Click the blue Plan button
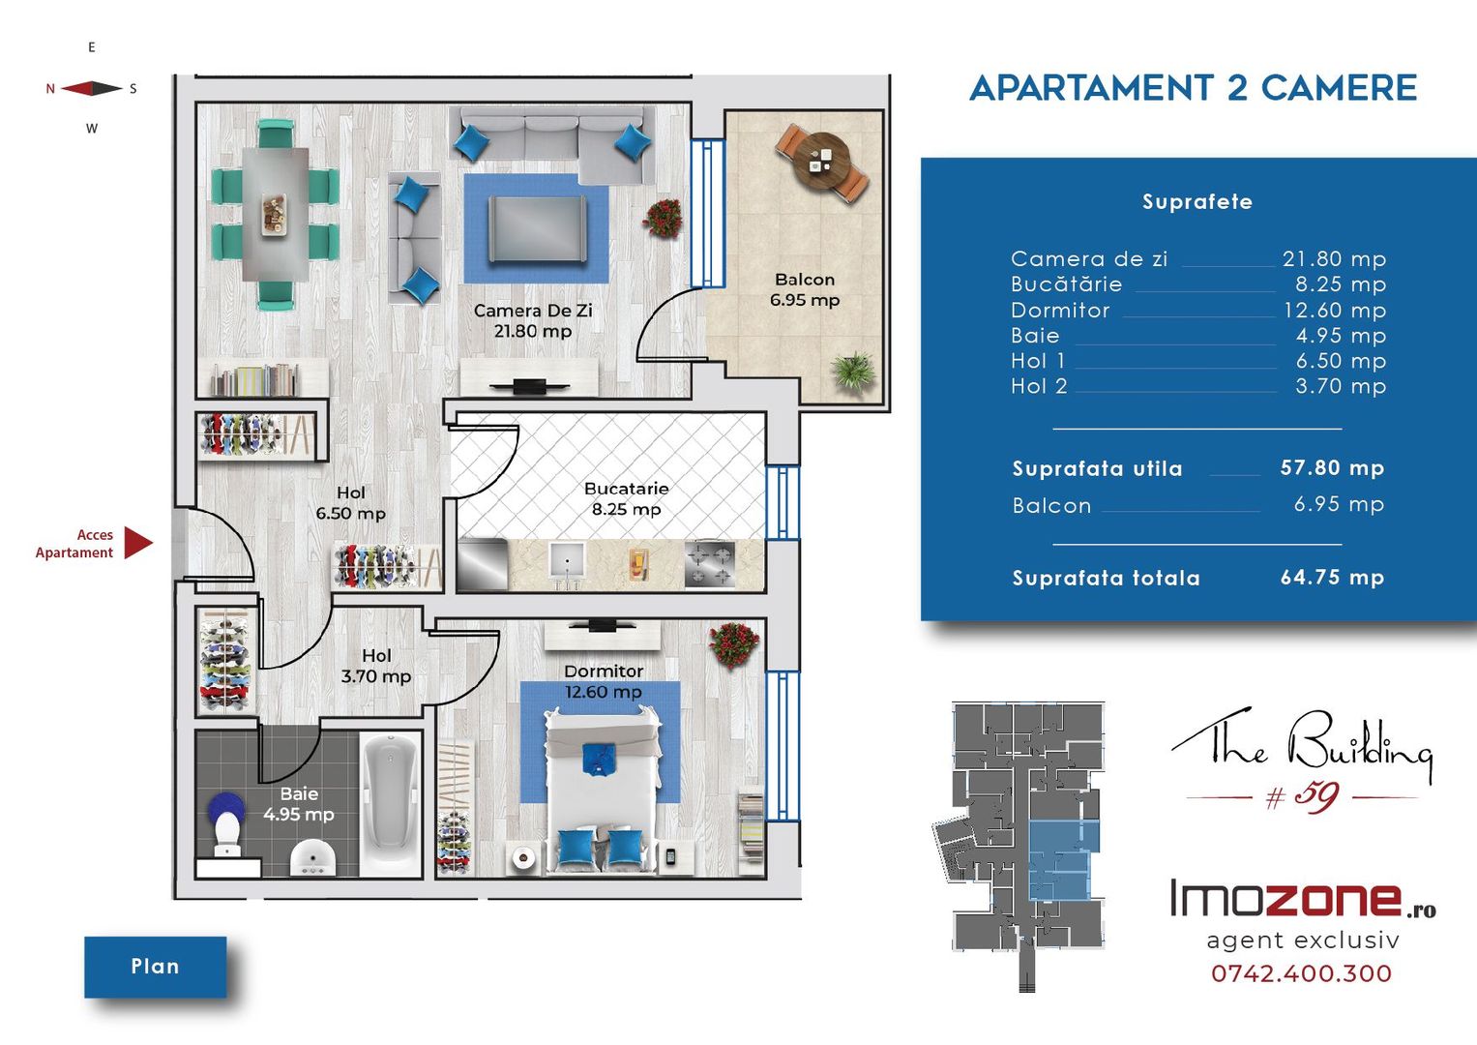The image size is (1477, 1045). point(156,967)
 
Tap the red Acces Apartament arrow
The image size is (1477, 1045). point(137,543)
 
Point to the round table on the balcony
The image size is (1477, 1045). point(821,162)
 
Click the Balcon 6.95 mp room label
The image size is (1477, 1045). point(805,289)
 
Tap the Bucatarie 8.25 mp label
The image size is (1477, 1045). point(627,498)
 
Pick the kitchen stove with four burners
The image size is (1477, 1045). point(710,564)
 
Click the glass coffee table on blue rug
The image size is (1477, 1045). point(537,229)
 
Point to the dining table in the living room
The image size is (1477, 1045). point(275,215)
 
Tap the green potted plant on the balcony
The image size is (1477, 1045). point(854,373)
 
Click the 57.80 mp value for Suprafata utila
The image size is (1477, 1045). point(1332,467)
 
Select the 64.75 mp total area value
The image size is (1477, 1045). point(1332,578)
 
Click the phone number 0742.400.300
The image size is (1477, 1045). point(1302,973)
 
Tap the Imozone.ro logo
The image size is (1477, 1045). point(1303,898)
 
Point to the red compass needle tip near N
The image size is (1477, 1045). point(61,88)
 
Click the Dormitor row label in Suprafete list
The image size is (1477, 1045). point(1060,310)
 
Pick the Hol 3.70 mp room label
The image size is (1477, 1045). point(376,666)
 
